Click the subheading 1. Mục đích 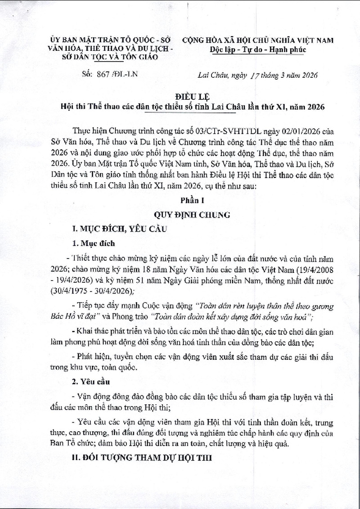coord(94,243)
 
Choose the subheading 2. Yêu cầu coord(92,382)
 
